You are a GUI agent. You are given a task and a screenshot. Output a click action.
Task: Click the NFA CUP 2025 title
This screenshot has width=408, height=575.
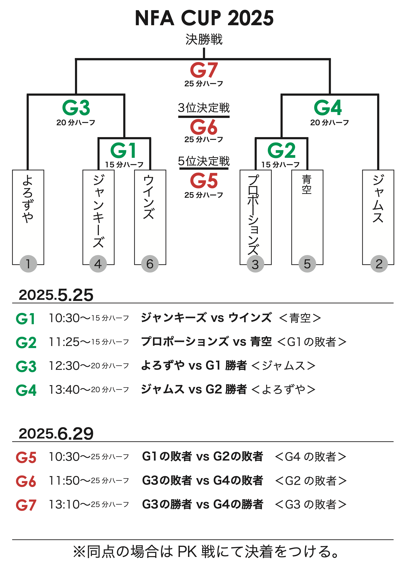(204, 18)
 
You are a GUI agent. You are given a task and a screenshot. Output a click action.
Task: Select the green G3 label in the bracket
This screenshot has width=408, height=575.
(76, 108)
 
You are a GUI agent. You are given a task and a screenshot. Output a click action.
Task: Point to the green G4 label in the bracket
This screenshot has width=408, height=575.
(328, 108)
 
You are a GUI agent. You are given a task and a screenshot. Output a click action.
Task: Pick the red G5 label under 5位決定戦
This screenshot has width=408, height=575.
(204, 181)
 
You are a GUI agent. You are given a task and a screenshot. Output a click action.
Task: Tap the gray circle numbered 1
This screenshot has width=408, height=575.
(28, 264)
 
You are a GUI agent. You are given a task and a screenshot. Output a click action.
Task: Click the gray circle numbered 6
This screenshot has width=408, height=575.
(150, 264)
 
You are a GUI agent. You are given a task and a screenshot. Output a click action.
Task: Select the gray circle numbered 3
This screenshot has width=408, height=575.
(256, 264)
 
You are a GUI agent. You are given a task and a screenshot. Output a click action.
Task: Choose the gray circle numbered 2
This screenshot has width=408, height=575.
(379, 264)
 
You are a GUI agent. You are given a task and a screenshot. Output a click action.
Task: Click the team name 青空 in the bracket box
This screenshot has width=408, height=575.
(307, 184)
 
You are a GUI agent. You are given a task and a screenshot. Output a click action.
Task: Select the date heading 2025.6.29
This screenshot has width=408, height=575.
(56, 433)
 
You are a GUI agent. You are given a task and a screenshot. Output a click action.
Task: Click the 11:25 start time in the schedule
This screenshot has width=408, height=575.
(64, 342)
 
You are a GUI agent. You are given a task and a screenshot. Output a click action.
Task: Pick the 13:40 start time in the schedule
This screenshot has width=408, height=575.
(64, 389)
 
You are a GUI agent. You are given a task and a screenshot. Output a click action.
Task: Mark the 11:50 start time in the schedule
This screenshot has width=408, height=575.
(64, 480)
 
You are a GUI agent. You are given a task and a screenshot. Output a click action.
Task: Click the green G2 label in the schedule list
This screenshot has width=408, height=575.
(26, 342)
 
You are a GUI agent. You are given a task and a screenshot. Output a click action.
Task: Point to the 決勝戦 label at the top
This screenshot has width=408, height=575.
(204, 39)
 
